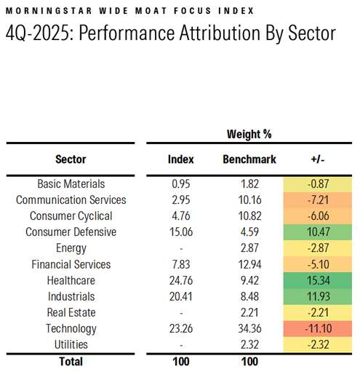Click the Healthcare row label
(x=71, y=280)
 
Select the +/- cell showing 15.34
(x=319, y=280)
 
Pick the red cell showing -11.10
(x=319, y=328)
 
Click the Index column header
(x=180, y=159)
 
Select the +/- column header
(x=319, y=159)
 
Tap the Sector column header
(x=71, y=159)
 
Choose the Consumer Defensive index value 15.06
(x=180, y=232)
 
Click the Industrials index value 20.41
(x=180, y=296)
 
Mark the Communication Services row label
(x=71, y=200)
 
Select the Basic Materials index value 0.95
(x=180, y=184)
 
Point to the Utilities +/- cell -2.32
(x=319, y=344)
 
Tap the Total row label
(x=71, y=361)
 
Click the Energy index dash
(x=180, y=248)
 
